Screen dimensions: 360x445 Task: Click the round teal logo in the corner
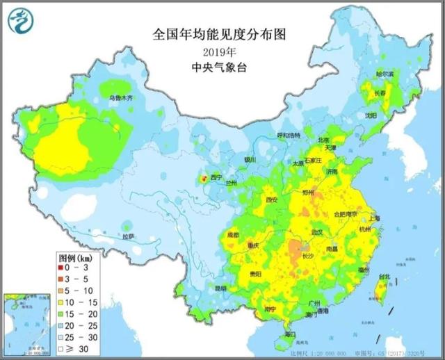pos(22,24)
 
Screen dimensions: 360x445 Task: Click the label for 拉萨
pos(129,236)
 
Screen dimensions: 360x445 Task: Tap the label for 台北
pos(384,276)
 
